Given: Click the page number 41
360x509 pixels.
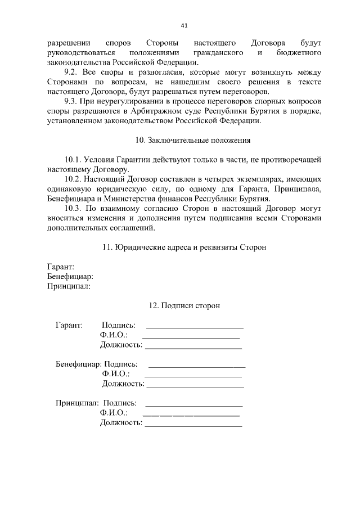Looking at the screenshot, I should [184, 25].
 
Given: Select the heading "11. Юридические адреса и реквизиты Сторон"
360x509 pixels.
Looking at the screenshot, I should [184, 247].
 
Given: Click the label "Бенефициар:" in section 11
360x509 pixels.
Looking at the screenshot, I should [70, 276].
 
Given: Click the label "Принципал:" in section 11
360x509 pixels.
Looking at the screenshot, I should [69, 286].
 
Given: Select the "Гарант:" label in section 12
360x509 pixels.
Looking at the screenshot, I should [69, 325].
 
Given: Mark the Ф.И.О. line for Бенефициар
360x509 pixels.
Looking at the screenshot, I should [193, 375].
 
